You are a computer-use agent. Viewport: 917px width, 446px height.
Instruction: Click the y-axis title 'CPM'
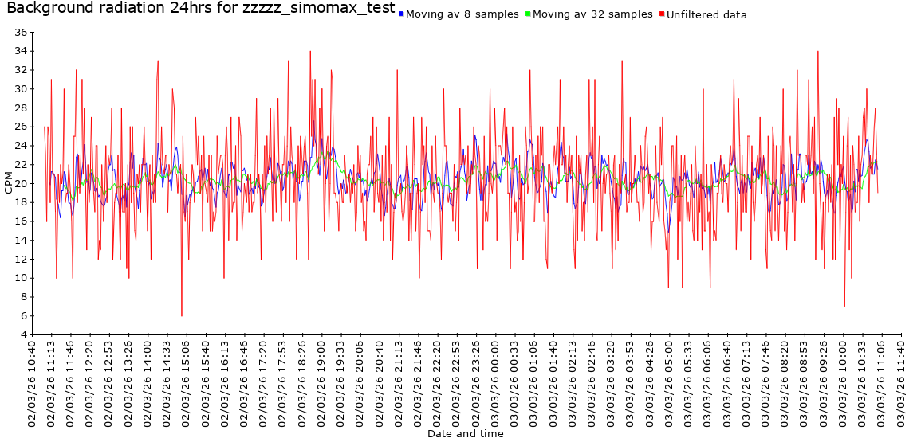point(9,183)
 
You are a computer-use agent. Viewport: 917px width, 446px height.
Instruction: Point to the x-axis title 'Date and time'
point(465,434)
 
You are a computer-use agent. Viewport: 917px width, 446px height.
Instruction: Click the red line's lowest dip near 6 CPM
point(182,315)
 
